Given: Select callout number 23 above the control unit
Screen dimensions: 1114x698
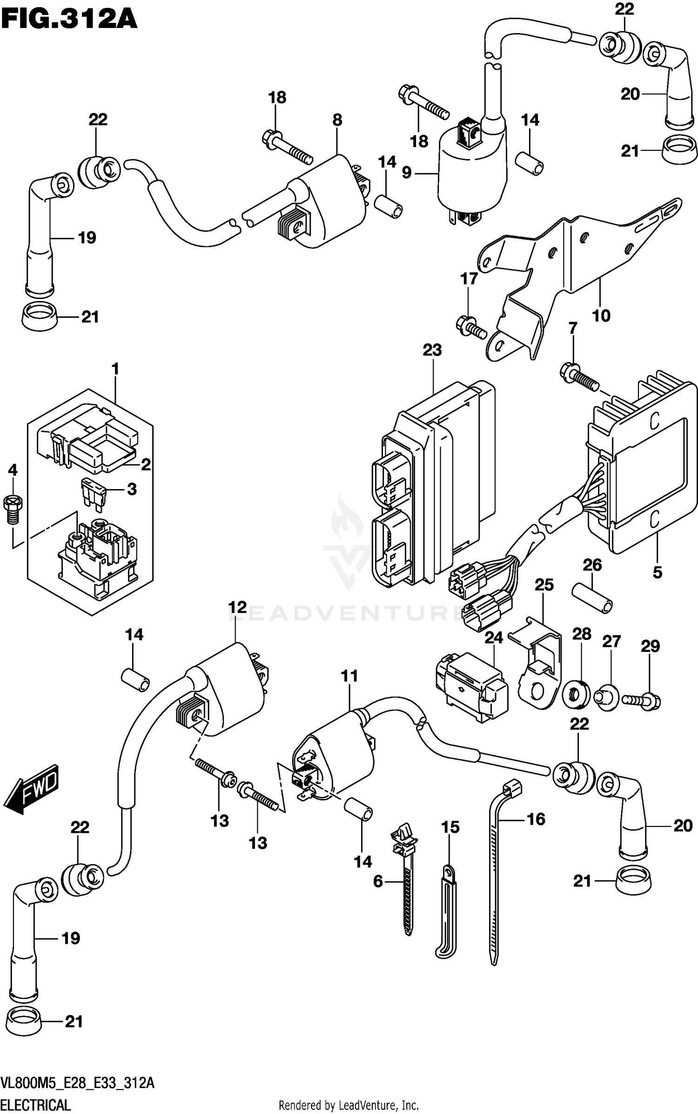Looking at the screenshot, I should (432, 350).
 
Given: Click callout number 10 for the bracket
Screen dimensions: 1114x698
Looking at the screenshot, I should (601, 316).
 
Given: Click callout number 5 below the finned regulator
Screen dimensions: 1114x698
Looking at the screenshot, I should (657, 572).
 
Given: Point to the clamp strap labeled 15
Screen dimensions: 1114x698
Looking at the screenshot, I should (448, 907).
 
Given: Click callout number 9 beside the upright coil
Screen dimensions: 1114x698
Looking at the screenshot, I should (407, 173).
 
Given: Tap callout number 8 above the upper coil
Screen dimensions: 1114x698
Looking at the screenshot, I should (337, 120).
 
